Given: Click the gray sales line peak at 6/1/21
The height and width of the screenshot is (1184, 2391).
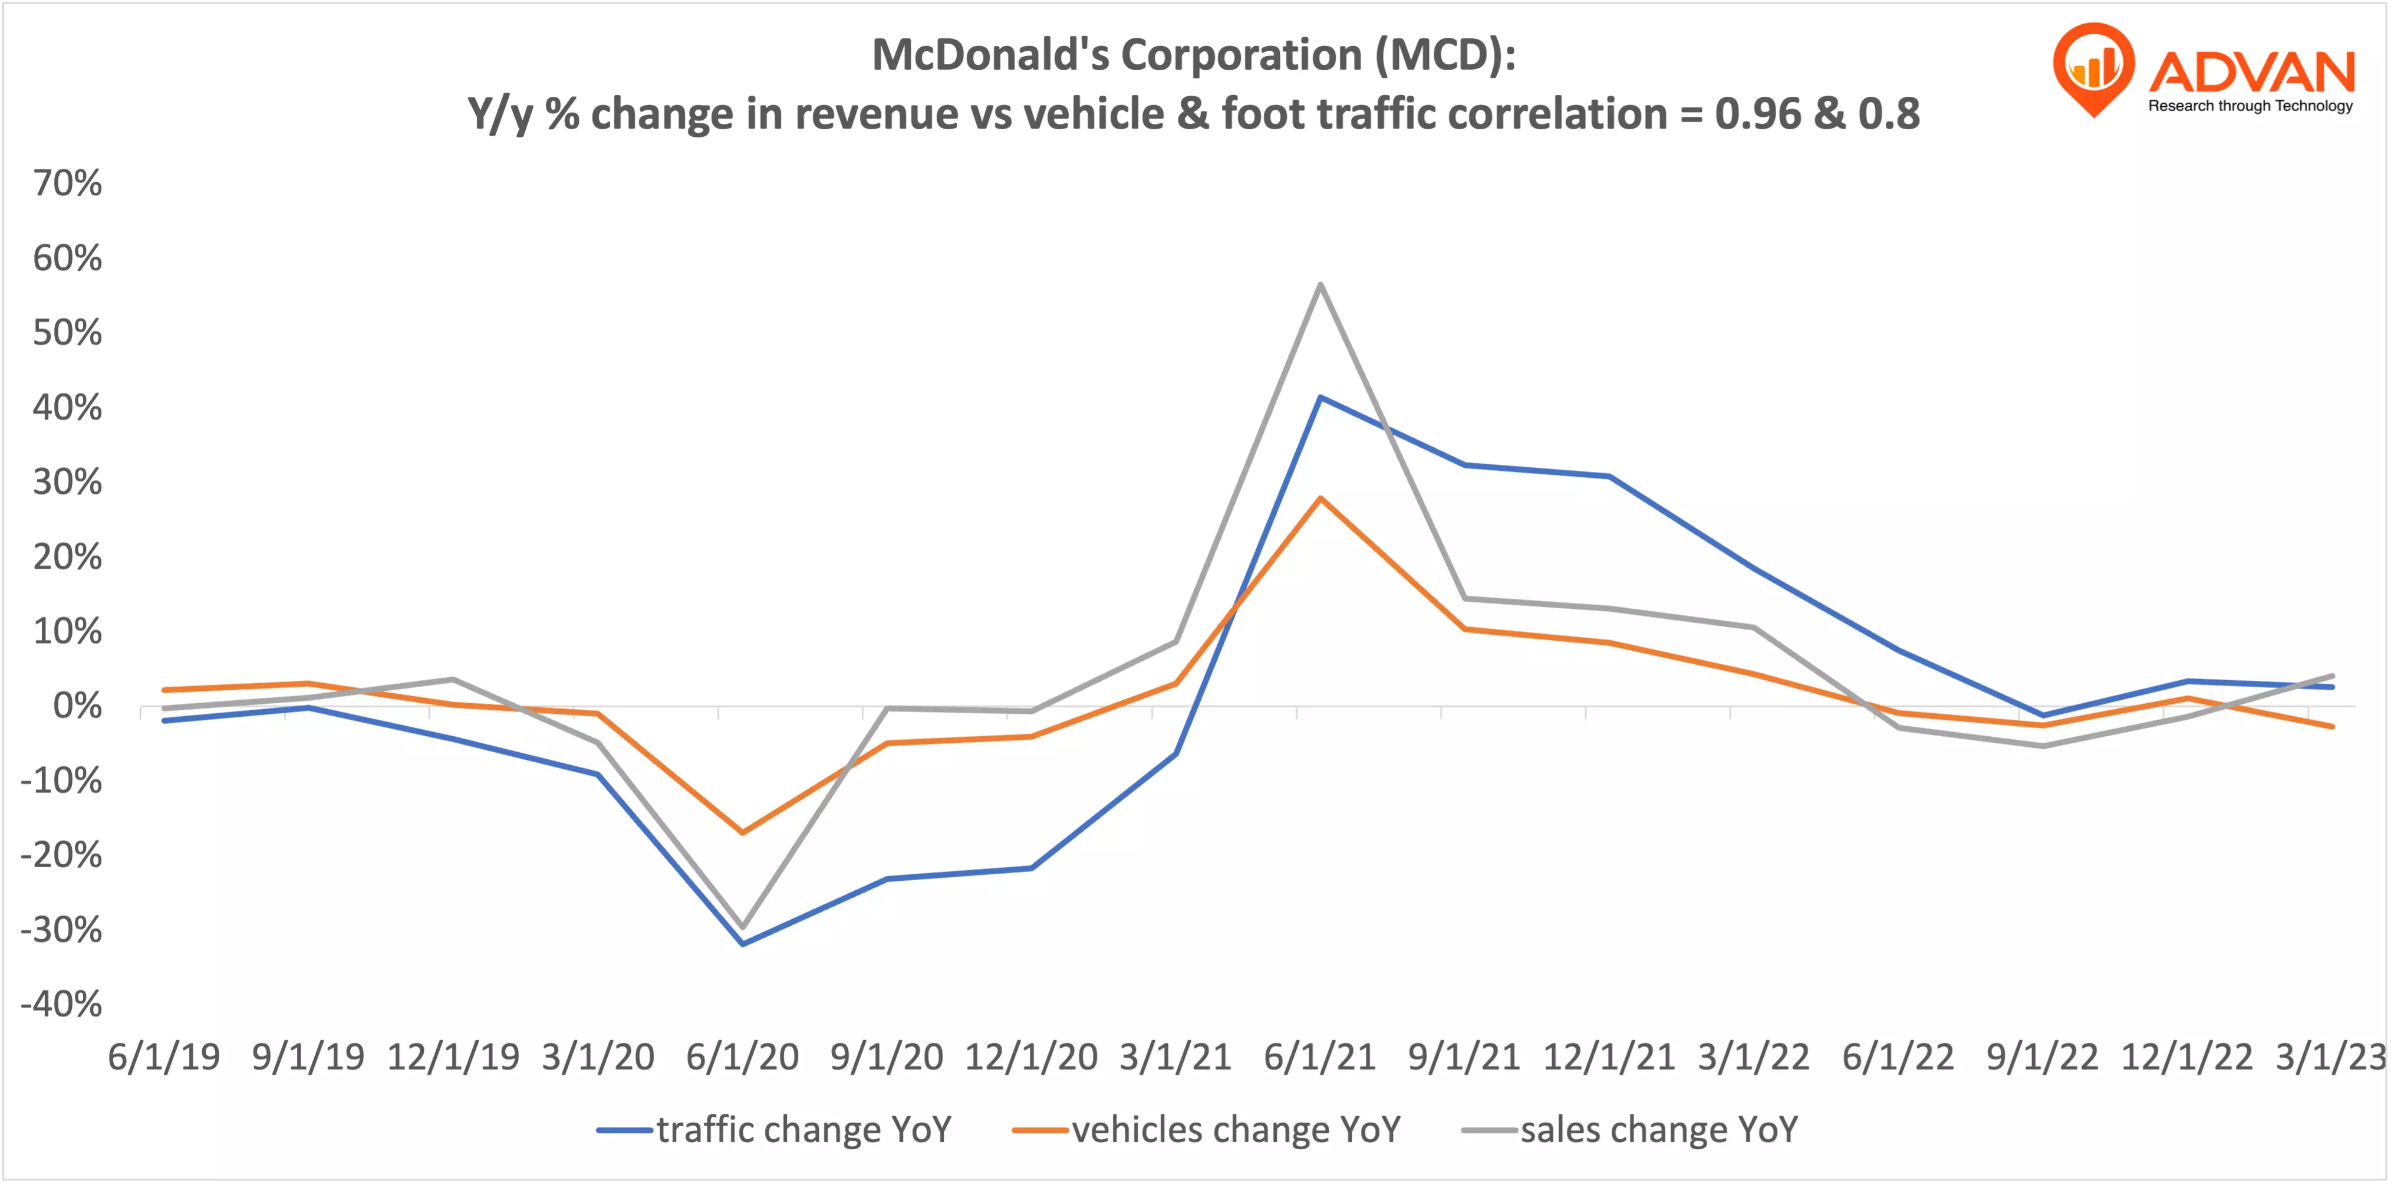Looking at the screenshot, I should pyautogui.click(x=1320, y=284).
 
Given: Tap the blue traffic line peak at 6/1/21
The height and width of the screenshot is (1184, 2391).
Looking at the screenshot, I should pyautogui.click(x=1320, y=398).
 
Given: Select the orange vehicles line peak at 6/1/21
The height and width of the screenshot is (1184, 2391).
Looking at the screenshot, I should pyautogui.click(x=1320, y=498).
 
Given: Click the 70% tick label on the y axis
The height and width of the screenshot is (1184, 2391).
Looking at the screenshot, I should pyautogui.click(x=67, y=183).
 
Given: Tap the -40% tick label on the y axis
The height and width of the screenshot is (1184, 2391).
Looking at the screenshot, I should pyautogui.click(x=61, y=1004).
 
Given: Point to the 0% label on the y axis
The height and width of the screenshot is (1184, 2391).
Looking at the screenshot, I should pyautogui.click(x=77, y=706).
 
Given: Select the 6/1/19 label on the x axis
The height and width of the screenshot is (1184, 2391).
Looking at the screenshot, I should pyautogui.click(x=164, y=1057).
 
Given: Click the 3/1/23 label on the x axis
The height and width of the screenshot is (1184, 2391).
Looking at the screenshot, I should pyautogui.click(x=2330, y=1057).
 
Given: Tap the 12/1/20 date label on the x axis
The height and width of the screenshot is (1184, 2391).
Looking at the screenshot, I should pyautogui.click(x=1031, y=1057).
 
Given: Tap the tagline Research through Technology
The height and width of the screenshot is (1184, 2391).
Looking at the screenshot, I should pyautogui.click(x=2250, y=106).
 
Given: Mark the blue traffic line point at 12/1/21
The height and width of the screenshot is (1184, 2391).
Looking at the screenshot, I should pyautogui.click(x=1609, y=477).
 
